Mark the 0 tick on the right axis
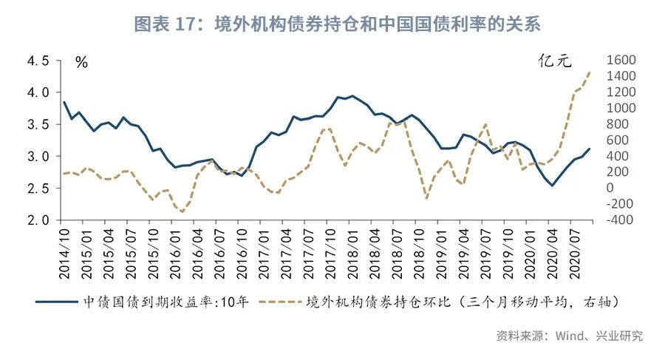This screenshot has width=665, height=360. click(610, 188)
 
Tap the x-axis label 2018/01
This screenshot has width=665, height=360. click(355, 252)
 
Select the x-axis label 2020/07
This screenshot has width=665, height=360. click(580, 252)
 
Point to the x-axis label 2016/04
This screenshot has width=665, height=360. click(198, 252)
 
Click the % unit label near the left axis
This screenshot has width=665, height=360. click(81, 63)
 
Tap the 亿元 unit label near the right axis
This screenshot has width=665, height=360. click(554, 62)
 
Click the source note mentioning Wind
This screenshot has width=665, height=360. click(569, 336)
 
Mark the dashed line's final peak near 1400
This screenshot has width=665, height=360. click(590, 72)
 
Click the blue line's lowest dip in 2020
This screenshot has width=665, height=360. click(551, 185)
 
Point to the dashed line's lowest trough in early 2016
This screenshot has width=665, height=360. click(181, 212)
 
